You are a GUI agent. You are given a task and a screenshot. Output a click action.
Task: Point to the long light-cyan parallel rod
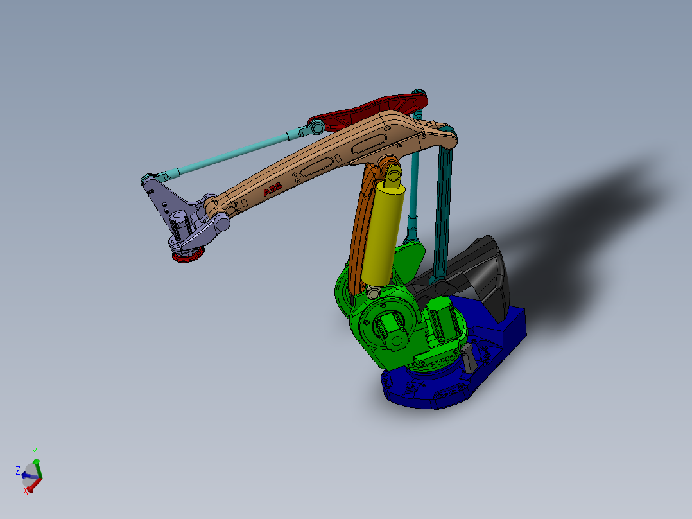(231, 154)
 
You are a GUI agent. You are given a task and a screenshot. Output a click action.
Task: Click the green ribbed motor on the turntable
(442, 318)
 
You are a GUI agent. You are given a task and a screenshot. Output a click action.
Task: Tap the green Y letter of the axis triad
(35, 452)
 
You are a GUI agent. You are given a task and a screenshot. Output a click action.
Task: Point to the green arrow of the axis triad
(37, 466)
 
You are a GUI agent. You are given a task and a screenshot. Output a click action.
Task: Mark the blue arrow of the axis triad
(27, 476)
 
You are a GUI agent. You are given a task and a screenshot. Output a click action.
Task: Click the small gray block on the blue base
(469, 358)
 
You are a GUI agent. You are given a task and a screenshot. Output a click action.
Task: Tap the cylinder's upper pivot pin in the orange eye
(392, 173)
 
